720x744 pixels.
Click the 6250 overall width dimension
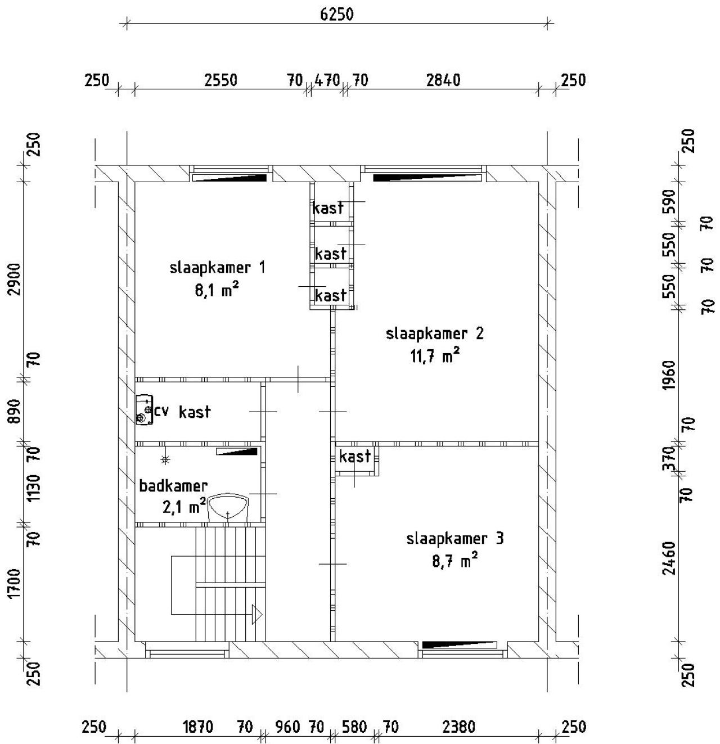337,15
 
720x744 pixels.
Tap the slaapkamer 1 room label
217,268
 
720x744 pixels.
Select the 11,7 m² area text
435,357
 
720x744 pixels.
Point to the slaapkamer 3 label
455,539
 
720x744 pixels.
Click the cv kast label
182,412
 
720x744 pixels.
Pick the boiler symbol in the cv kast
144,410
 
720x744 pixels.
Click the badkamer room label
173,486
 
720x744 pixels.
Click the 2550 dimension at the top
220,80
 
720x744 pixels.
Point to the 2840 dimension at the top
444,80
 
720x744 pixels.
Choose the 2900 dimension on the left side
15,279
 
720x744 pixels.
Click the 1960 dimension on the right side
669,375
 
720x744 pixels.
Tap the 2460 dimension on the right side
669,558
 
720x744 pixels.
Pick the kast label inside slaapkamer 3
355,456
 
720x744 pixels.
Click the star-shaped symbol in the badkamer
165,460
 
